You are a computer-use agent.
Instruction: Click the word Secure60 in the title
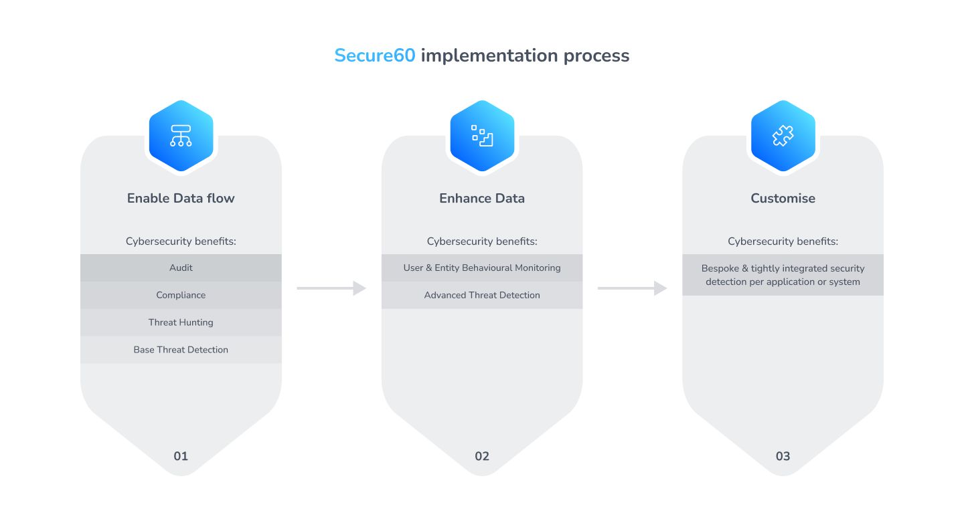(x=375, y=56)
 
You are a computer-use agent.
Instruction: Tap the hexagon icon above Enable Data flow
(x=181, y=136)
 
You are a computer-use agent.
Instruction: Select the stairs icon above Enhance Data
(x=482, y=136)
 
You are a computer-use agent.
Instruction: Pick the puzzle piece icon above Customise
(x=783, y=136)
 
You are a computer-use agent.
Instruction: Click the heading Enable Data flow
(x=181, y=198)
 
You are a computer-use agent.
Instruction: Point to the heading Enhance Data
(x=482, y=198)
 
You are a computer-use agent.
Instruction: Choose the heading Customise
(x=783, y=198)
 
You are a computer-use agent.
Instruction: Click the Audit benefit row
(x=181, y=268)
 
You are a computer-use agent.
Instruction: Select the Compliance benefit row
(x=181, y=295)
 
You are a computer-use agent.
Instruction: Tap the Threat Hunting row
(x=181, y=322)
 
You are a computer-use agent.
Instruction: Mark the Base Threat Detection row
(x=181, y=350)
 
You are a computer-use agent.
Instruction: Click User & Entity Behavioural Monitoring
(x=482, y=268)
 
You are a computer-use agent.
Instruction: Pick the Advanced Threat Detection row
(x=482, y=295)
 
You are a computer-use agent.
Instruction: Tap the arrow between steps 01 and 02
(x=331, y=288)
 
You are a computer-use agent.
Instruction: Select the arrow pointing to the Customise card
(x=632, y=288)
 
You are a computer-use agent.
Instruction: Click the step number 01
(x=181, y=456)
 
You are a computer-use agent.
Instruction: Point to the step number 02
(x=482, y=456)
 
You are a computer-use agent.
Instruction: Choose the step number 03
(x=783, y=456)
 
